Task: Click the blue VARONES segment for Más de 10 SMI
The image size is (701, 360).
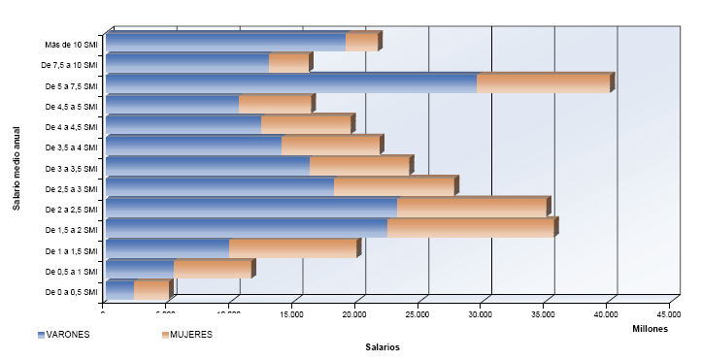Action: [228, 43]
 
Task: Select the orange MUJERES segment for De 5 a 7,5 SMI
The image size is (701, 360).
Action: [543, 83]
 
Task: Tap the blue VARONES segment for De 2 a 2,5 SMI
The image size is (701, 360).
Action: [251, 208]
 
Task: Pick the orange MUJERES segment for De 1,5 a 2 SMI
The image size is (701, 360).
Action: [470, 228]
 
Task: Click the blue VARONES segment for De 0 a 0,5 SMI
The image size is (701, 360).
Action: [119, 290]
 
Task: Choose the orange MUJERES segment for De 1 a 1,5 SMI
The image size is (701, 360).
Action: [292, 248]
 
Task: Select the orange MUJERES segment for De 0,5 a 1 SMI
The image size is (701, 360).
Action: [212, 270]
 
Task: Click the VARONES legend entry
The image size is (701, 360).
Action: [63, 335]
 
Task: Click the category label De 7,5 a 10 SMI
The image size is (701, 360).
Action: [70, 65]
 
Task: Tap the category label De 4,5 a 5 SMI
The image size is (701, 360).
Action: [70, 107]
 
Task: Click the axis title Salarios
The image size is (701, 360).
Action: [383, 347]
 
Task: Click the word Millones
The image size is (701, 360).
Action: [650, 329]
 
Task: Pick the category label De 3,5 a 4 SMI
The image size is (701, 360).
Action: [70, 147]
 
